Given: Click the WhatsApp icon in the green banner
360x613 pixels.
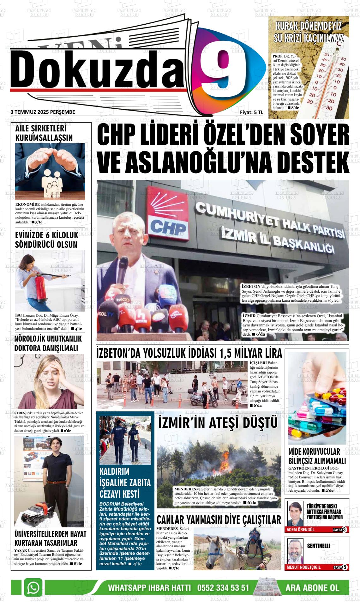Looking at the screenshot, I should point(33,587).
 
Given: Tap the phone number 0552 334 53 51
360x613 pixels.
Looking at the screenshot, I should point(223,588).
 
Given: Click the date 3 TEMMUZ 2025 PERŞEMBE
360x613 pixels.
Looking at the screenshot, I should point(43,112).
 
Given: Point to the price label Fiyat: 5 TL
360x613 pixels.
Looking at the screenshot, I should point(251,112).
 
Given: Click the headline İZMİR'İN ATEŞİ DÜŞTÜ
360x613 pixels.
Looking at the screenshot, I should point(218,423).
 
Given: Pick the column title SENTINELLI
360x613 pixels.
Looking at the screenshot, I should point(318,546).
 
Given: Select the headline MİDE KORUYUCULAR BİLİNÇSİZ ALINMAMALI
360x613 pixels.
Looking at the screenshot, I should point(317,456).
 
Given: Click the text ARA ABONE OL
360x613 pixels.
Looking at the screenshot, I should point(312,588).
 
